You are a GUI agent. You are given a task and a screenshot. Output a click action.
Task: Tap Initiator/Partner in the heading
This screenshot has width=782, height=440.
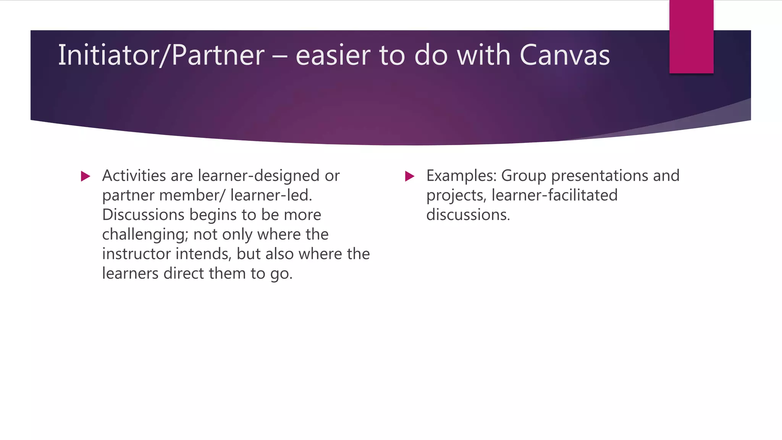click(161, 55)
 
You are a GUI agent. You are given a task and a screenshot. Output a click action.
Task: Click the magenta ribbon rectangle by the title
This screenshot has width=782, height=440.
click(691, 37)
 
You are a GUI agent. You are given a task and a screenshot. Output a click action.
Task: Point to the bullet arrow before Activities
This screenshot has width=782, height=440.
click(86, 176)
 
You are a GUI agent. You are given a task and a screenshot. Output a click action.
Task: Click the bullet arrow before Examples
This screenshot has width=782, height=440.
click(409, 176)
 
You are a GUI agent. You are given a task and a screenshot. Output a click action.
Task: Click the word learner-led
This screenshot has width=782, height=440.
click(271, 195)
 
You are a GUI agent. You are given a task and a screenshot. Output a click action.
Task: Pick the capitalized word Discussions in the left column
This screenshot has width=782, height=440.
click(143, 215)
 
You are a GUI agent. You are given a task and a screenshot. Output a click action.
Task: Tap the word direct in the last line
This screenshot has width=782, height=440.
click(185, 273)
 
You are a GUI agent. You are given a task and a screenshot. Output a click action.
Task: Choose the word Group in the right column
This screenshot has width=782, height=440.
click(523, 176)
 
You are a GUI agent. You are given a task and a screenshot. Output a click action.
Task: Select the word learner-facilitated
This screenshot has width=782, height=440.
click(554, 195)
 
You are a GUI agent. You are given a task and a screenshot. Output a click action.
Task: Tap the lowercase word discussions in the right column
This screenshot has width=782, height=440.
click(468, 215)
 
